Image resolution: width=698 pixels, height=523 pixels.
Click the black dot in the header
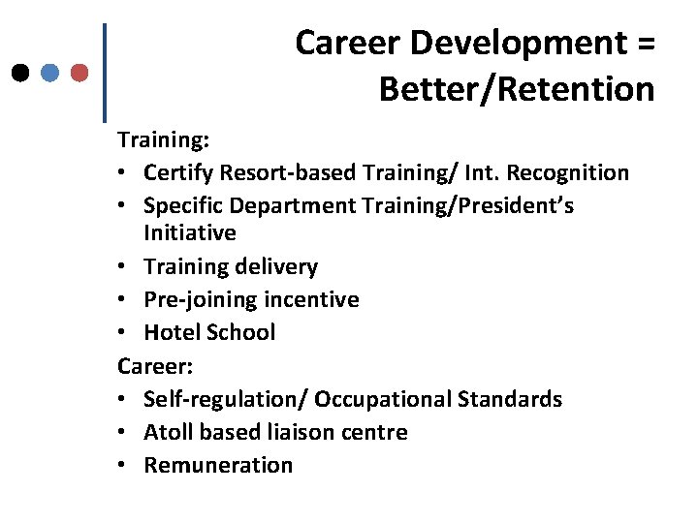click(20, 73)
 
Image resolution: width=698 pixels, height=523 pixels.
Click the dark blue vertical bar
click(104, 73)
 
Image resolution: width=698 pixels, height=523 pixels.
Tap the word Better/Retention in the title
click(517, 90)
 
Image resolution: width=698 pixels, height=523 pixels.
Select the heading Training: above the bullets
click(163, 140)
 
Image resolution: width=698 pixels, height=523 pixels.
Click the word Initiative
click(190, 233)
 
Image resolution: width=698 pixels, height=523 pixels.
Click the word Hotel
click(171, 332)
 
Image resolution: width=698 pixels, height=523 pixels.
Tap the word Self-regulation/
click(226, 399)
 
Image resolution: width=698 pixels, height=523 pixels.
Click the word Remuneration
click(218, 465)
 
